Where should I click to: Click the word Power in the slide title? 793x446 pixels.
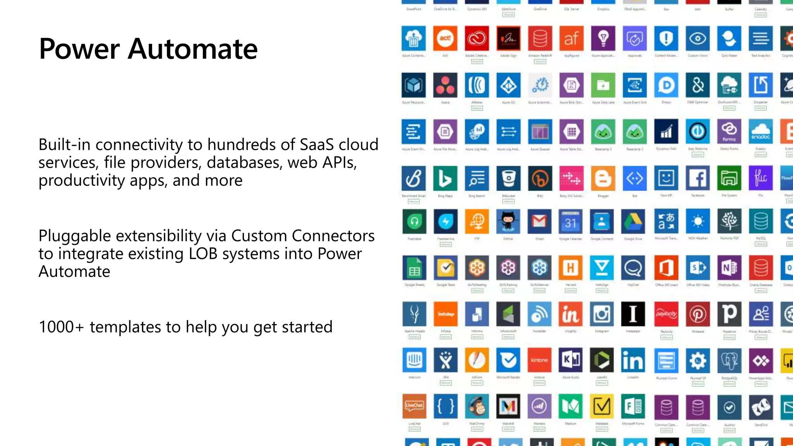point(79,49)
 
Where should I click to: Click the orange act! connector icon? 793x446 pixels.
point(445,38)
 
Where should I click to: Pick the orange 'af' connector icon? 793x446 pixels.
point(571,38)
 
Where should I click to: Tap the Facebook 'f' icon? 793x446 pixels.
point(698,178)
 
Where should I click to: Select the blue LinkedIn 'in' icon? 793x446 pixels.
point(633,360)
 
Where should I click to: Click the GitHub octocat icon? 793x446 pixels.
point(508,221)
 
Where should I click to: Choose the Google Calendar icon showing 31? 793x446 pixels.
point(571,221)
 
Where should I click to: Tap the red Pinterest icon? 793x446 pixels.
point(698,314)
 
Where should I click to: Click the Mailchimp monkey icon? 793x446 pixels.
point(477,406)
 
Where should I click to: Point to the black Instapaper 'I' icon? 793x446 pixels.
point(633,314)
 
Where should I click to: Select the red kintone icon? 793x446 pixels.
point(539,360)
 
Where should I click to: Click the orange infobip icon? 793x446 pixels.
point(445,314)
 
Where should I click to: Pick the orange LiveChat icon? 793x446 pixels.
point(414,406)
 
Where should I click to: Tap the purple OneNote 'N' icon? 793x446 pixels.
point(729,268)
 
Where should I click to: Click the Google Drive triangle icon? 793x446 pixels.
point(633,221)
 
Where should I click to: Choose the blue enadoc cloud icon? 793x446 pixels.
point(760,132)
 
